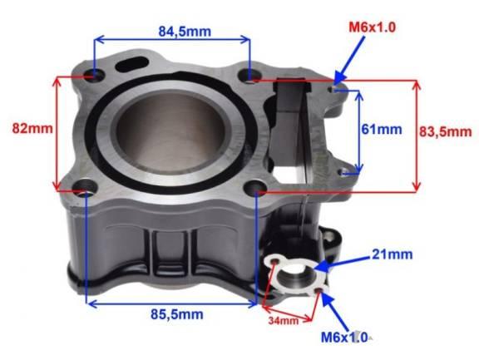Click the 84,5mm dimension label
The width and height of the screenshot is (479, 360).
pyautogui.click(x=185, y=32)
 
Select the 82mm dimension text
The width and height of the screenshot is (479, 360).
pyautogui.click(x=32, y=129)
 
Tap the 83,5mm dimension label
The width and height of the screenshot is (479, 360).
pyautogui.click(x=446, y=131)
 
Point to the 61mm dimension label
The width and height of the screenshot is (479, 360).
pyautogui.click(x=382, y=129)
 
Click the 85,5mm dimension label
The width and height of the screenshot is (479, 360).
pyautogui.click(x=177, y=314)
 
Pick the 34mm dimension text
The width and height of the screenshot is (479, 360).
pyautogui.click(x=284, y=321)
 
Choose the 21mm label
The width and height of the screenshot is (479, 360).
pyautogui.click(x=392, y=254)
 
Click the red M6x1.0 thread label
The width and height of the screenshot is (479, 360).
pyautogui.click(x=372, y=27)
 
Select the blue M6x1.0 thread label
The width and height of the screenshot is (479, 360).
pyautogui.click(x=344, y=338)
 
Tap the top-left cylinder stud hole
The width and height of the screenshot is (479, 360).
pyautogui.click(x=94, y=75)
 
